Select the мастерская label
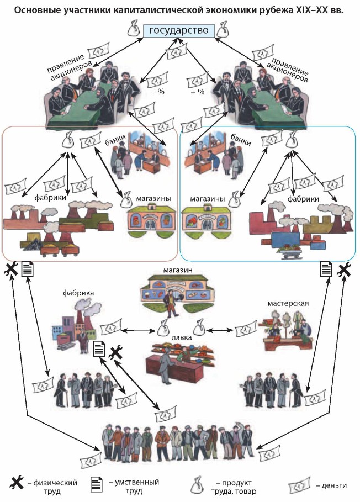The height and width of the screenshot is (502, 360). click(288, 303)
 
